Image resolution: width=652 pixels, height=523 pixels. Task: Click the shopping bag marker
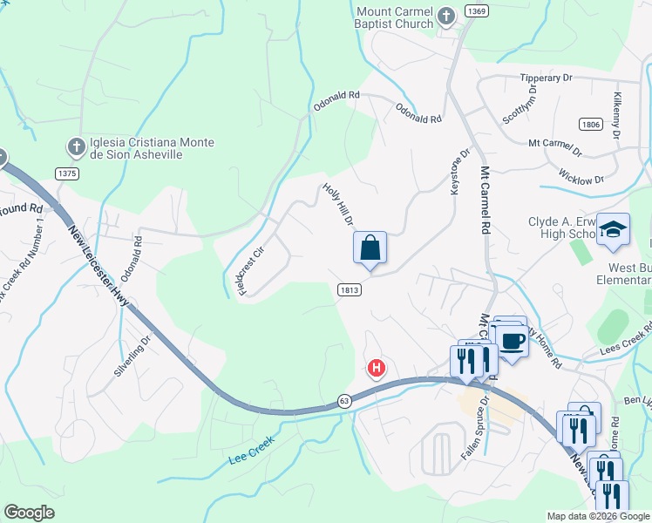370,248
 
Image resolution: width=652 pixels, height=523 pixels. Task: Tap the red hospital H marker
377,369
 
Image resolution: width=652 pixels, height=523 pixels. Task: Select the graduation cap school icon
613,229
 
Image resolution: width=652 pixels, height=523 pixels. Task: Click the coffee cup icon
513,339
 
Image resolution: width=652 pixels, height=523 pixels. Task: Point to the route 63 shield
344,400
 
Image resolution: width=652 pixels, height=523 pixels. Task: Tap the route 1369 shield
476,10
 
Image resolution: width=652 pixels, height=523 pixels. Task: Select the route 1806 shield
590,125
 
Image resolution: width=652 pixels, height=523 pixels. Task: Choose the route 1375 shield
67,173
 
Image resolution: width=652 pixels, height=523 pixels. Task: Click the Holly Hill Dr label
337,204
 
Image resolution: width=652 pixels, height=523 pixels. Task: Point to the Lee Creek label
252,450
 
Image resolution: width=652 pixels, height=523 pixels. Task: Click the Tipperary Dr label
546,78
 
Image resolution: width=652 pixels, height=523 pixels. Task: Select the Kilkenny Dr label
616,115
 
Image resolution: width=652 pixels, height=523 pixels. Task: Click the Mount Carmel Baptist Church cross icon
446,15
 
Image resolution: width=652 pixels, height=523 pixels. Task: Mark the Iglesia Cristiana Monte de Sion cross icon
76,146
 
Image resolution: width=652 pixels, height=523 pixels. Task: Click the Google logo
29,513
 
